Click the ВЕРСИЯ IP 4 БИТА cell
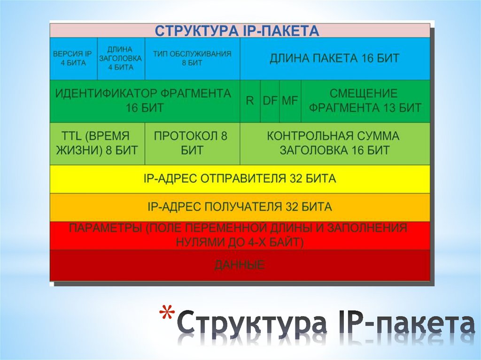pyautogui.click(x=73, y=58)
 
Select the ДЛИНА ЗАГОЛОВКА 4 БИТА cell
pyautogui.click(x=121, y=58)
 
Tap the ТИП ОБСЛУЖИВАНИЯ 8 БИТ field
pyautogui.click(x=192, y=58)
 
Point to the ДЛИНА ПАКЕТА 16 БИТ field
pyautogui.click(x=334, y=58)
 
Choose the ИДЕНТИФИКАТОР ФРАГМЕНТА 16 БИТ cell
pyautogui.click(x=144, y=100)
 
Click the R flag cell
pyautogui.click(x=250, y=100)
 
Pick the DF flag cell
pyautogui.click(x=270, y=100)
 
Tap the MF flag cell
pyautogui.click(x=290, y=100)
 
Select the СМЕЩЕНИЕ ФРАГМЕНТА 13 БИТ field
pyautogui.click(x=365, y=100)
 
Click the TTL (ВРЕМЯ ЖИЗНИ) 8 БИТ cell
pyautogui.click(x=97, y=143)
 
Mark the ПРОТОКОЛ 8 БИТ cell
pyautogui.click(x=192, y=143)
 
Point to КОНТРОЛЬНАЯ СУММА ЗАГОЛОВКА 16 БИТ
pyautogui.click(x=334, y=143)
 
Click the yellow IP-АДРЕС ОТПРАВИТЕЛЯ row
pyautogui.click(x=240, y=179)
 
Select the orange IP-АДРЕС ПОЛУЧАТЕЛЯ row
pyautogui.click(x=240, y=207)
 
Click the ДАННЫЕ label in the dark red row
pyautogui.click(x=240, y=265)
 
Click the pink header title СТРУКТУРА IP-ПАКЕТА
pyautogui.click(x=237, y=31)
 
